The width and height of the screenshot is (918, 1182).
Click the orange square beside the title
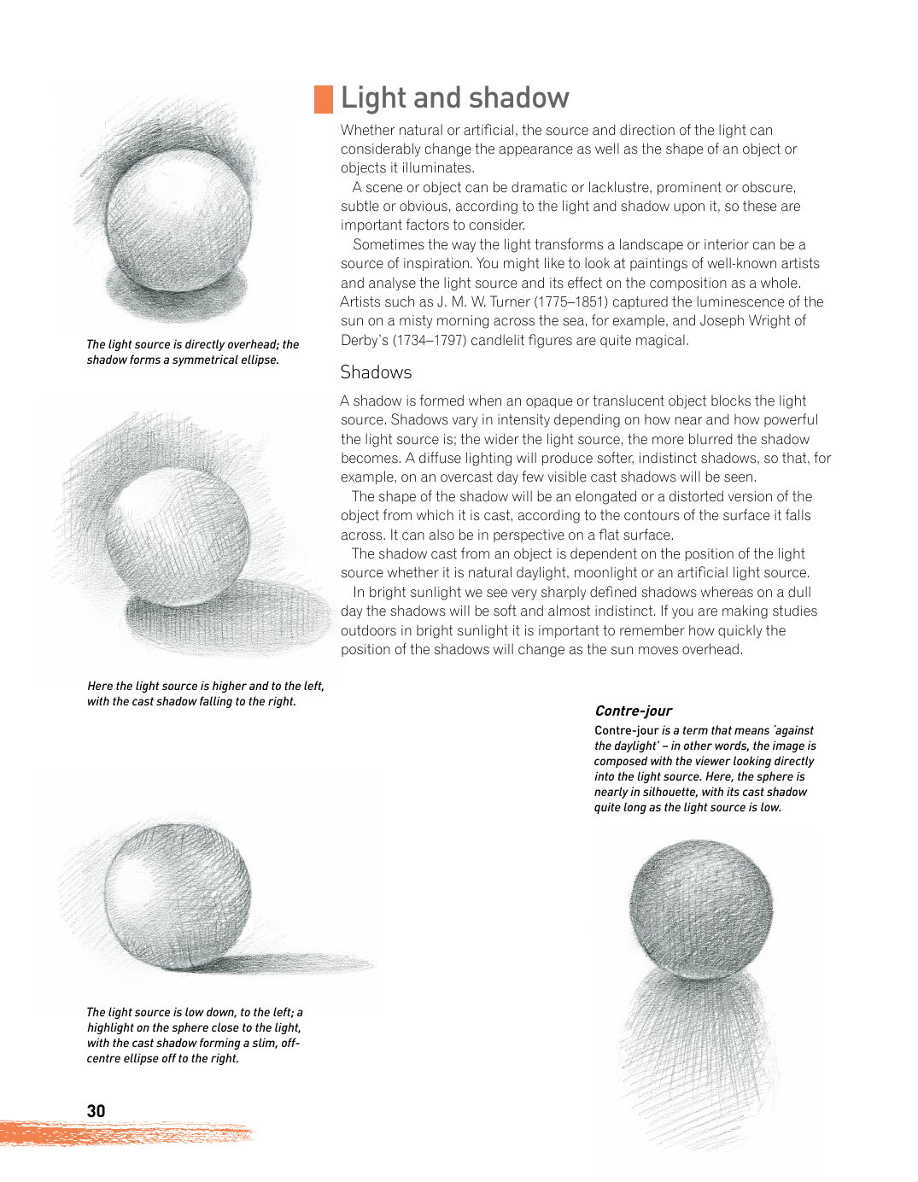pos(324,99)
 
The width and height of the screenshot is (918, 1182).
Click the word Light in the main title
pos(373,98)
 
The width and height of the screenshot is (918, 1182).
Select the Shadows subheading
pos(376,372)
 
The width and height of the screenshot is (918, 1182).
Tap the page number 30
pos(96,1111)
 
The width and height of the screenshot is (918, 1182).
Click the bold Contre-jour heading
pos(633,711)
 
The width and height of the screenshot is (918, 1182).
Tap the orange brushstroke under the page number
pos(128,1134)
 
